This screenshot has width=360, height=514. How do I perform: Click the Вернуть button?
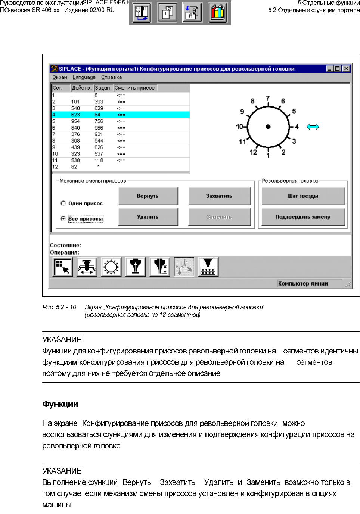tap(148, 196)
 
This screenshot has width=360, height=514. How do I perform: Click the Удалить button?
tap(148, 217)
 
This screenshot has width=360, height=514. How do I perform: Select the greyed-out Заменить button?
tap(219, 217)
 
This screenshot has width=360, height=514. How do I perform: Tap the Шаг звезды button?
tap(303, 196)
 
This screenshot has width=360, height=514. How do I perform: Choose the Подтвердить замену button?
tap(303, 217)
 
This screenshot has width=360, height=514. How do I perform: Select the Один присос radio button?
tap(63, 203)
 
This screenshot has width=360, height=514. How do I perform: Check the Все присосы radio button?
tap(63, 218)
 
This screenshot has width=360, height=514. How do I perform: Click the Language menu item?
tap(84, 77)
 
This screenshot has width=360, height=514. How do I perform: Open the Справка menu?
tap(111, 77)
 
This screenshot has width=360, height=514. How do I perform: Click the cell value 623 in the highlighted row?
tap(75, 115)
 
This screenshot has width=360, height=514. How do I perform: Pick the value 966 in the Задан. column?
tap(99, 128)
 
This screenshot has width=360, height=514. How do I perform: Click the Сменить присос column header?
tap(134, 88)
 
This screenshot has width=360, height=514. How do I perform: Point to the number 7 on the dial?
tap(268, 98)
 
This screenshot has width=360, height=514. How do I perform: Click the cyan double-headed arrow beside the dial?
tap(313, 127)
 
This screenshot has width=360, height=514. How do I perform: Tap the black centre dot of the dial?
tap(268, 127)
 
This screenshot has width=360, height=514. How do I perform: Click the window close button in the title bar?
tap(346, 69)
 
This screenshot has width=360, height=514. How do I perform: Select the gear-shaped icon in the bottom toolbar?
tap(111, 267)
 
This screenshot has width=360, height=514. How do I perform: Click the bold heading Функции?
tap(60, 404)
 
